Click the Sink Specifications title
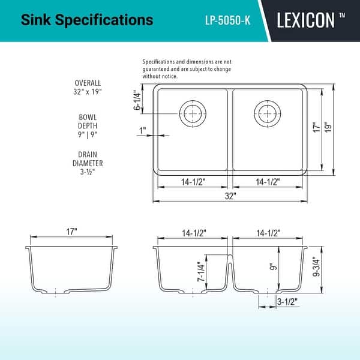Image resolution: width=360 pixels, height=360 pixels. (87, 20)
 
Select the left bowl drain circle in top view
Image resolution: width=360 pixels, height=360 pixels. (192, 112)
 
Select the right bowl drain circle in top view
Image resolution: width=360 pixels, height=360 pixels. (266, 112)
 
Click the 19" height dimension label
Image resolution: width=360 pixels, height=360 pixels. (328, 128)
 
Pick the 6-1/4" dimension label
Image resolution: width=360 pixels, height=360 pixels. (138, 100)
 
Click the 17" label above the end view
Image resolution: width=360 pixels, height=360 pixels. (71, 232)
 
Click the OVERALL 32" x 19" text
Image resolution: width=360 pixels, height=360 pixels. (88, 88)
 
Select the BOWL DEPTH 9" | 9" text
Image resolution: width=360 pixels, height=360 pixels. (88, 125)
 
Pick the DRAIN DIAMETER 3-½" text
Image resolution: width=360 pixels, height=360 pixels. (88, 163)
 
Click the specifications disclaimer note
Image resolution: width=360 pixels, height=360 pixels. (187, 69)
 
